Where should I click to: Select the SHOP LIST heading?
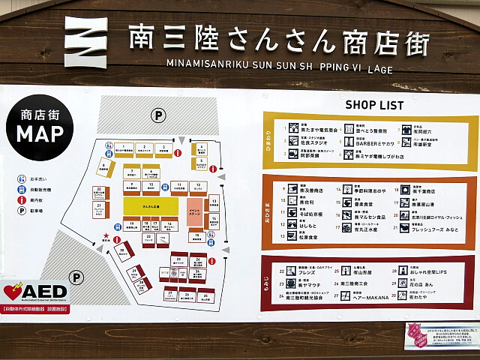pos(374,104)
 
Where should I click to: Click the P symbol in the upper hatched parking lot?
pos(158,115)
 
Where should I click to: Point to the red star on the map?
pos(106,237)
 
